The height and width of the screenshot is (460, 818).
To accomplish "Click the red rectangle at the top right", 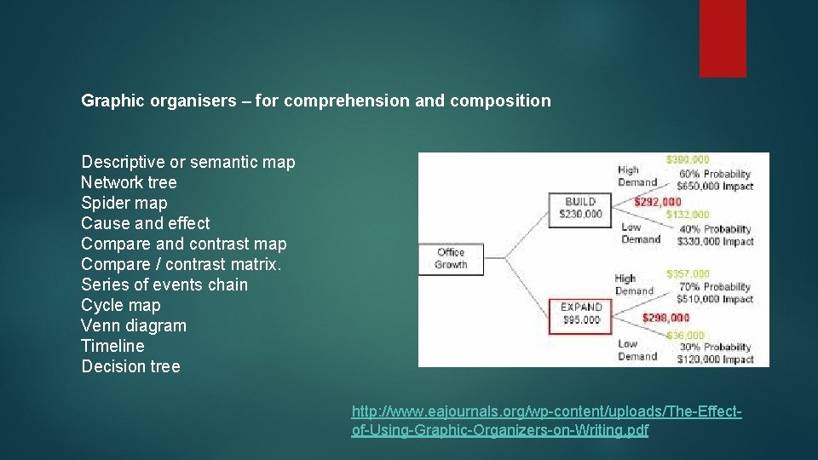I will click(723, 37).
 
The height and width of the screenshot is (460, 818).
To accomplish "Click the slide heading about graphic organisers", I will click(315, 101).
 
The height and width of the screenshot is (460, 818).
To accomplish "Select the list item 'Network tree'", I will click(129, 182).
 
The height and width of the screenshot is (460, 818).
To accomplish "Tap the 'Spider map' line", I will click(124, 203).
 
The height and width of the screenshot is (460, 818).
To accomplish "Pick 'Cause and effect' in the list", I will click(145, 223).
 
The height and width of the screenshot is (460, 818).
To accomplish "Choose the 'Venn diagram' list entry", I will click(134, 325).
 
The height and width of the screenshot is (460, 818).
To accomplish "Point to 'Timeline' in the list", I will click(112, 346).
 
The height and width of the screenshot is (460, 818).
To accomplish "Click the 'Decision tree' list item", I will click(130, 366).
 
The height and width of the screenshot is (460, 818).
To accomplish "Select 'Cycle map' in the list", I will click(120, 305).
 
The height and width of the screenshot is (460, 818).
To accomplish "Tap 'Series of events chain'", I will click(164, 285).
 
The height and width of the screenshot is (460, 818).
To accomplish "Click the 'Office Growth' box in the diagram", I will click(450, 258).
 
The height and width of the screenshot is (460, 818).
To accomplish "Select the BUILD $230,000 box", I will click(581, 208).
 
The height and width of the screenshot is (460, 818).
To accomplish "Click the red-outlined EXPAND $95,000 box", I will click(581, 313).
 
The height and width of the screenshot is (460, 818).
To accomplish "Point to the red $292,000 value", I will click(658, 202).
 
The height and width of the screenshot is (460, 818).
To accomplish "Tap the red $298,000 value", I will click(666, 318).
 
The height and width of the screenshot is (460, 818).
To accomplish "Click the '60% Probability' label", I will click(715, 174).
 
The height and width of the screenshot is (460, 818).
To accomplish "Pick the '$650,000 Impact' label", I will click(715, 186).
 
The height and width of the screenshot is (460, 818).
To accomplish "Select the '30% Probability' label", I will click(715, 347).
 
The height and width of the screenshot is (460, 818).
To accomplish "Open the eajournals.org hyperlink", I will click(546, 422).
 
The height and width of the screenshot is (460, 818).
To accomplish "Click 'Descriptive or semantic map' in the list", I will click(187, 162).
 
